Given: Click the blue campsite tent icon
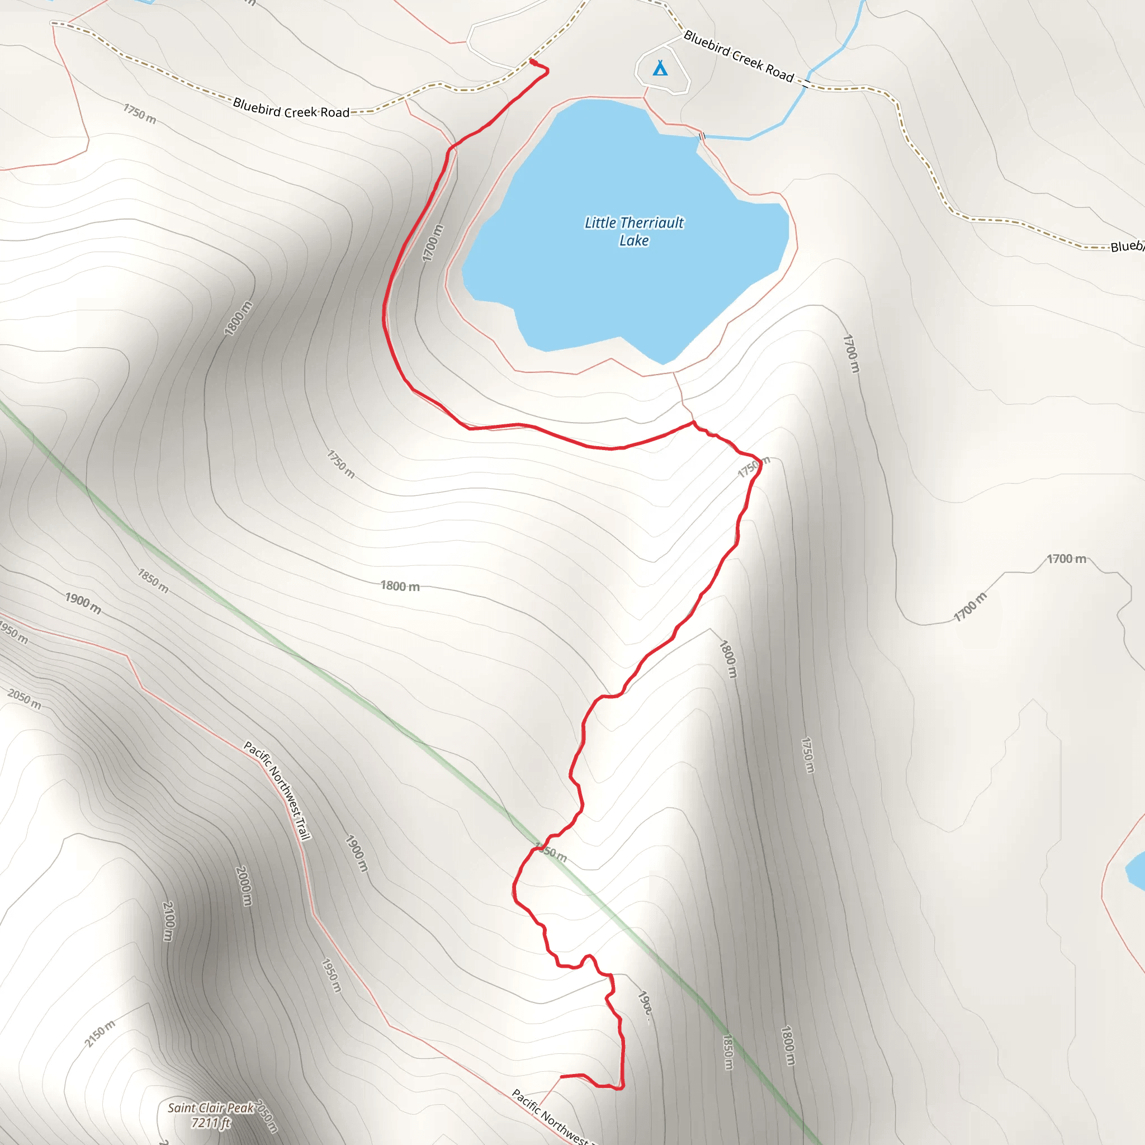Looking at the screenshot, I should click(x=660, y=69).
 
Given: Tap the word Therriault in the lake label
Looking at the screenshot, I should click(x=651, y=223).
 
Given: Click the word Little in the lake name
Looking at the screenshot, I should click(x=600, y=223).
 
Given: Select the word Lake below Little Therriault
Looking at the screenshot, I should click(x=633, y=240).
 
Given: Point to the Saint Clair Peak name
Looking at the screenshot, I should click(x=210, y=1108).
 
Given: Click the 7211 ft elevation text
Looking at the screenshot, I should click(x=210, y=1123).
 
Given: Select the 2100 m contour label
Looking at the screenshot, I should click(x=168, y=921).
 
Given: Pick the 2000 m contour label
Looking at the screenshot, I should click(x=244, y=886).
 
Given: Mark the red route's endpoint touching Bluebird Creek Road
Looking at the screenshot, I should click(x=532, y=61).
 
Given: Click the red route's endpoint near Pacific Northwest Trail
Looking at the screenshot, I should click(x=561, y=1076).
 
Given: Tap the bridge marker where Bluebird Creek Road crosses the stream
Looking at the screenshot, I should click(x=806, y=82).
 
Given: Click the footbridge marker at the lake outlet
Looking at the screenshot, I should click(x=702, y=137).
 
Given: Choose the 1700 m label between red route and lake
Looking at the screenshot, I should click(x=433, y=243).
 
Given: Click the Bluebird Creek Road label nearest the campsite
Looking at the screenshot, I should click(x=739, y=56).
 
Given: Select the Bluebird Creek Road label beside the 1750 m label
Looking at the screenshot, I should click(x=291, y=108).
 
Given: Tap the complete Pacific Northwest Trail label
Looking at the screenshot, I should click(x=277, y=790).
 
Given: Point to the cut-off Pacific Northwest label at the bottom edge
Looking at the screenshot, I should click(x=550, y=1117).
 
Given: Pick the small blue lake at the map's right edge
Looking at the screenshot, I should click(x=1136, y=870).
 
